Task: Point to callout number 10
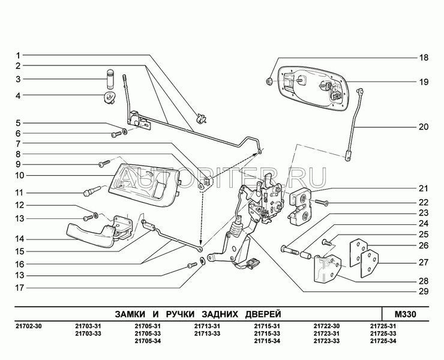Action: (x=19, y=176)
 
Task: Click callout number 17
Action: (x=19, y=287)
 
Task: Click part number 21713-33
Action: (x=206, y=334)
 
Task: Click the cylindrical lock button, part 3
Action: (x=110, y=79)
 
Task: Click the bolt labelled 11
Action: (x=89, y=193)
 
